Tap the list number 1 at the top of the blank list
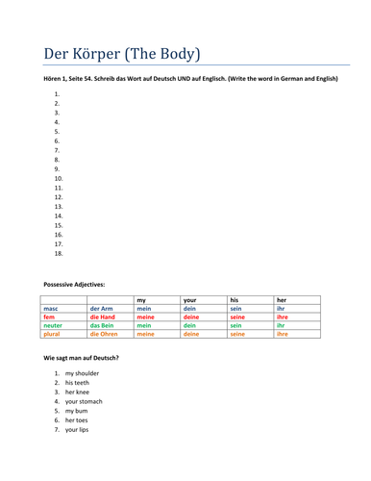coord(57,94)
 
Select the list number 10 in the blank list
coord(59,179)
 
